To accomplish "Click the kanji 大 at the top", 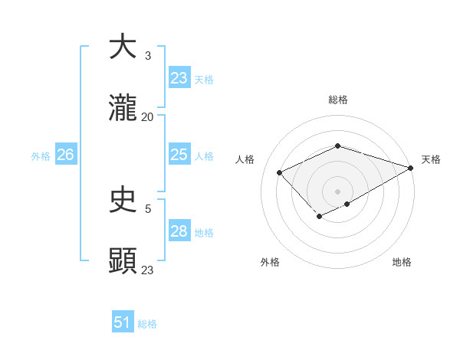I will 123,47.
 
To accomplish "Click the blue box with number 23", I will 179,77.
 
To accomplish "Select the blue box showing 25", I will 179,155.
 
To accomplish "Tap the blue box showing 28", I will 179,231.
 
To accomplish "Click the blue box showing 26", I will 65,155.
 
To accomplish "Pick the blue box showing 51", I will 123,322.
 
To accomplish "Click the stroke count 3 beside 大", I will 148,56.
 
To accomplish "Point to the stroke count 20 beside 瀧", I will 148,117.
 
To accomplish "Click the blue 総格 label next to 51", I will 147,324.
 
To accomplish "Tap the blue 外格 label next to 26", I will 41,156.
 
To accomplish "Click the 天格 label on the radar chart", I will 431,159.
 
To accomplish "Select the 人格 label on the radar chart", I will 245,159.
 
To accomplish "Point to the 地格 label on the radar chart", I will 402,262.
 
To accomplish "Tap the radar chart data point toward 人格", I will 281,173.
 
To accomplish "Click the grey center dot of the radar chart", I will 337,191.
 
